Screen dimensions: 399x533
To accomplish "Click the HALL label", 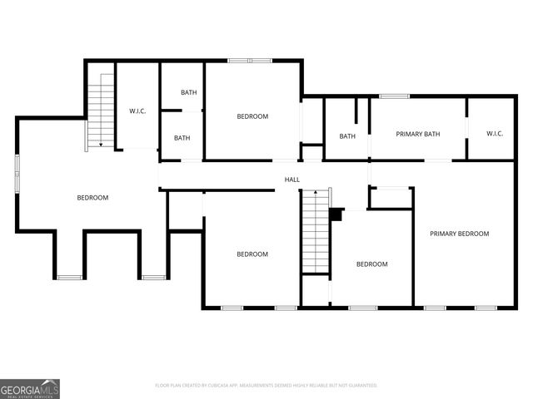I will [x=292, y=180].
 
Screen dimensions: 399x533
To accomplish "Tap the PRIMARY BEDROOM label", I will [x=459, y=234].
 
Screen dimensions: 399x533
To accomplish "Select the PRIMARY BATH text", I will [x=417, y=134].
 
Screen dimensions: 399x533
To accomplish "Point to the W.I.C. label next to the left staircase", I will [x=137, y=111].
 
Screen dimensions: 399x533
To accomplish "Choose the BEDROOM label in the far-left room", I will [x=92, y=197].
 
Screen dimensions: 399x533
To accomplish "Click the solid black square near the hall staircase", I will [x=336, y=214].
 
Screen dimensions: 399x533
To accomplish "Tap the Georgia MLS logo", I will [x=30, y=388].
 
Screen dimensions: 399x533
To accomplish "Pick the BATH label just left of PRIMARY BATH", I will [x=347, y=136].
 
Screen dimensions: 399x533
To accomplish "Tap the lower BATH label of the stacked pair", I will [x=182, y=138].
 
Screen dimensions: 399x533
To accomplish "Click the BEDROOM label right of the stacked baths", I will [x=252, y=116].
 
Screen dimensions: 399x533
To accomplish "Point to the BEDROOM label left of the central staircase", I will [x=252, y=254].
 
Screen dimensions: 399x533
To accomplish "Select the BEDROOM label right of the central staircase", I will [x=371, y=264].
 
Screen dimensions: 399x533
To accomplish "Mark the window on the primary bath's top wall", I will [x=394, y=96].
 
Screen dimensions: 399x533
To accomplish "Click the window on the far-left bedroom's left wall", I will [x=17, y=173].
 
